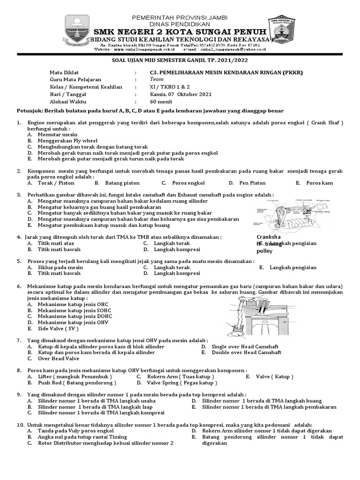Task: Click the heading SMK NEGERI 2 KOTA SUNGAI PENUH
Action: (180, 30)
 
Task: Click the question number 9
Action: (19, 394)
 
